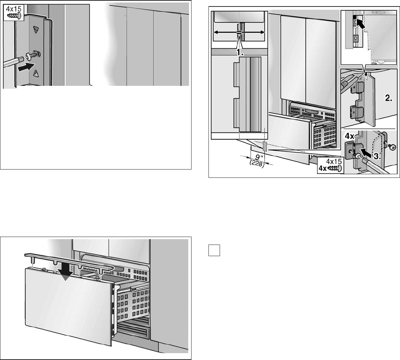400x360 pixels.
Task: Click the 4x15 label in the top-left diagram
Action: (x=13, y=7)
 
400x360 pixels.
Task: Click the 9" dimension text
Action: (x=256, y=157)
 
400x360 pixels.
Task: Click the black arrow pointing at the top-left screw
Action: (x=27, y=66)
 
